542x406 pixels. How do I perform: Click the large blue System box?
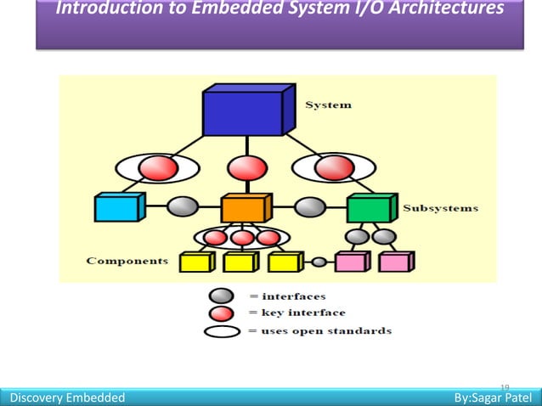point(243,113)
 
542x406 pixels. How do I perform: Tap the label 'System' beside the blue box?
point(328,105)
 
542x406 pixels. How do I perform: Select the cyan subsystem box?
point(116,208)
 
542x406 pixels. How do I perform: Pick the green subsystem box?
point(370,208)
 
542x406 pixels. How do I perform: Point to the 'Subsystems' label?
point(440,207)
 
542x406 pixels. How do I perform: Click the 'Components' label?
point(127,261)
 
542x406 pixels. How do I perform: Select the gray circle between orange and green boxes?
point(310,207)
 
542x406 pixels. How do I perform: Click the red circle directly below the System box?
point(243,166)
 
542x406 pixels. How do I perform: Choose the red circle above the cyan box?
point(155,167)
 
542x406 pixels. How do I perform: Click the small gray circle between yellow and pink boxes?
point(319,262)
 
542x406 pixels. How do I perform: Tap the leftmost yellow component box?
point(195,263)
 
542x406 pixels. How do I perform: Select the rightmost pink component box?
point(394,262)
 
